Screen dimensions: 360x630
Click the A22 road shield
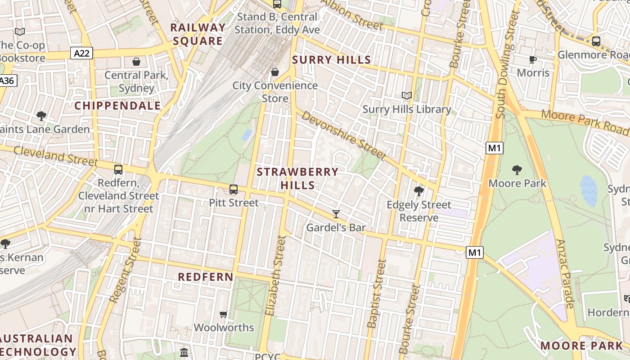[x=81, y=54]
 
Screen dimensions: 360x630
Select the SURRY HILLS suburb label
[x=332, y=60]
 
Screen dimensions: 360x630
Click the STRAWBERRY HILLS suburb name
[x=297, y=178]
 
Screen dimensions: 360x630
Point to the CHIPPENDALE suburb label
[x=117, y=106]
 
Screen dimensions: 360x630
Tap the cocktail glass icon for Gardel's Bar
[x=336, y=214]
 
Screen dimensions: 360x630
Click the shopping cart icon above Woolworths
[x=224, y=314]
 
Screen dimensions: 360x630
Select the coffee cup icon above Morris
[x=533, y=59]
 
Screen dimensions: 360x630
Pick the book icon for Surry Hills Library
[x=407, y=95]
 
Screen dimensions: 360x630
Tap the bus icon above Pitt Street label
[x=234, y=189]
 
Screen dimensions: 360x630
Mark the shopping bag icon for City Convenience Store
[x=275, y=72]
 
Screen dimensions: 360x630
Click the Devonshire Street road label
[x=344, y=135]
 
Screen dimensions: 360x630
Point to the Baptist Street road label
[x=377, y=293]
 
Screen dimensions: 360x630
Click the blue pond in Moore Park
[x=589, y=190]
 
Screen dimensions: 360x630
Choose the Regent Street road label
[x=123, y=270]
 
